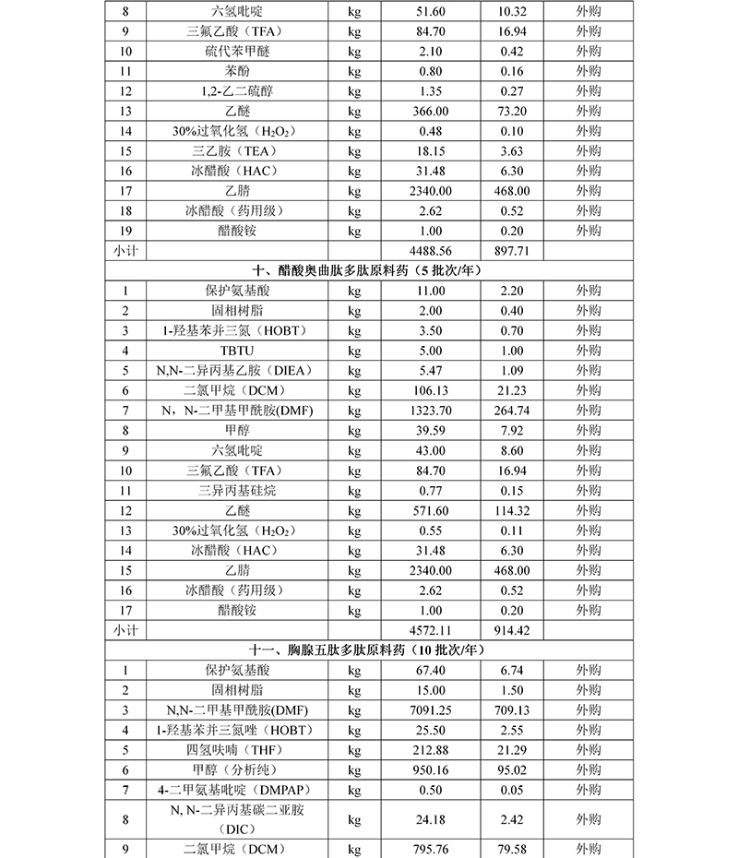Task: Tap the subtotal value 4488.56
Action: [x=430, y=250]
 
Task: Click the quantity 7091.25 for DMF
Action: [x=430, y=709]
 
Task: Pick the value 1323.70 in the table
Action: [x=430, y=410]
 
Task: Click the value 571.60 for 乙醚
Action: [x=430, y=510]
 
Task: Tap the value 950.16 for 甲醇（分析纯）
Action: [x=430, y=769]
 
